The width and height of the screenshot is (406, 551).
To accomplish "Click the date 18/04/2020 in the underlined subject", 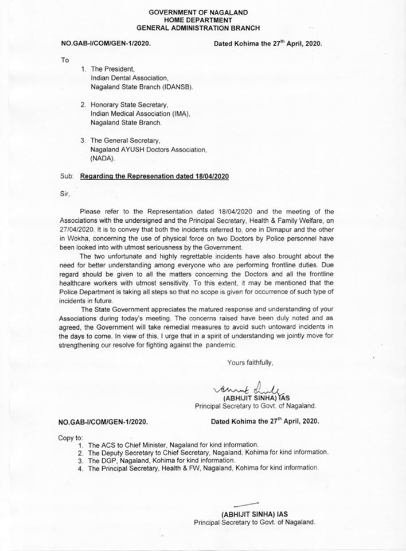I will pyautogui.click(x=210, y=177).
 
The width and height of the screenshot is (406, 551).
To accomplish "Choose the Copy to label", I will pyautogui.click(x=71, y=437).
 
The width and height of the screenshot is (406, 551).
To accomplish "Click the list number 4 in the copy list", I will pyautogui.click(x=80, y=468).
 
